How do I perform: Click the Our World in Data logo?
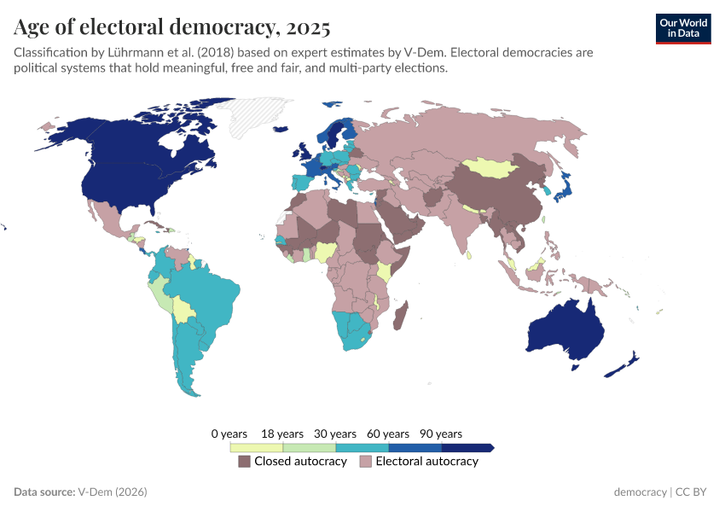[682, 28]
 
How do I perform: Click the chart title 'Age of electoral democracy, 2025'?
[172, 27]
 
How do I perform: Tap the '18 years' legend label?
[282, 434]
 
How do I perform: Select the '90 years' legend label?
[441, 434]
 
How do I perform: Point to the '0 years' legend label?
[229, 434]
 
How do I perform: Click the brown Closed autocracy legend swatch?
[245, 462]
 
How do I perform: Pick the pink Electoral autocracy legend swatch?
[366, 462]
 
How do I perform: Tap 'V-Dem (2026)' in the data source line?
[113, 492]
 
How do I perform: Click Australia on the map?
[565, 331]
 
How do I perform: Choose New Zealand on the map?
[622, 364]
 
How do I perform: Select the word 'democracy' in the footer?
[640, 492]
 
